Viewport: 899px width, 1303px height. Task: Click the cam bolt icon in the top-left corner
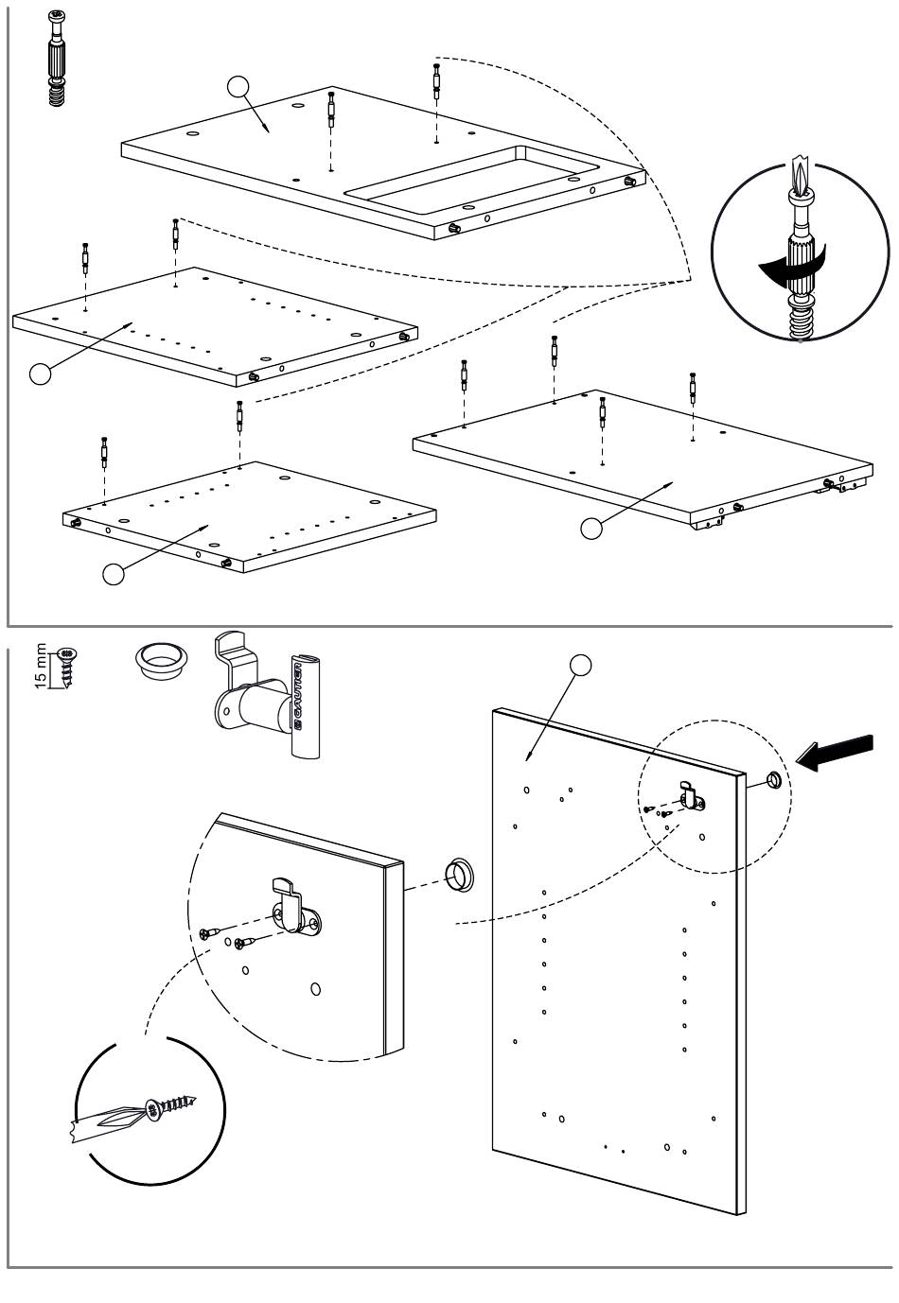pyautogui.click(x=58, y=57)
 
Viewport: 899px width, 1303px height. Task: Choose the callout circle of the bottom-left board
pyautogui.click(x=114, y=574)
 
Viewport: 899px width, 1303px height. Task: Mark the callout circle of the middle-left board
pyautogui.click(x=41, y=374)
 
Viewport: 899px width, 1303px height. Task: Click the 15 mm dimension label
pyautogui.click(x=41, y=668)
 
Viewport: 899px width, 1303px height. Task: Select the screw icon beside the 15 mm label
pyautogui.click(x=66, y=666)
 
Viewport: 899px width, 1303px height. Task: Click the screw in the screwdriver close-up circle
pyautogui.click(x=171, y=1106)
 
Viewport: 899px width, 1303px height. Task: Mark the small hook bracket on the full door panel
pyautogui.click(x=690, y=796)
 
